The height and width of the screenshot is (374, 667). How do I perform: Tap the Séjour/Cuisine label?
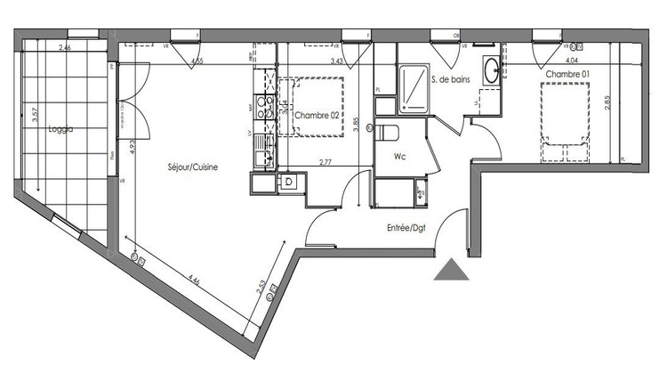pos(193,167)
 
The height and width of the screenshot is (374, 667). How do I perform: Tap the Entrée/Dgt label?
pos(406,228)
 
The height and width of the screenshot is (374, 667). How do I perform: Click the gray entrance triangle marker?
pos(452,270)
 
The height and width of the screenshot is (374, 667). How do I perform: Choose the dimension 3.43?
pos(336,61)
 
